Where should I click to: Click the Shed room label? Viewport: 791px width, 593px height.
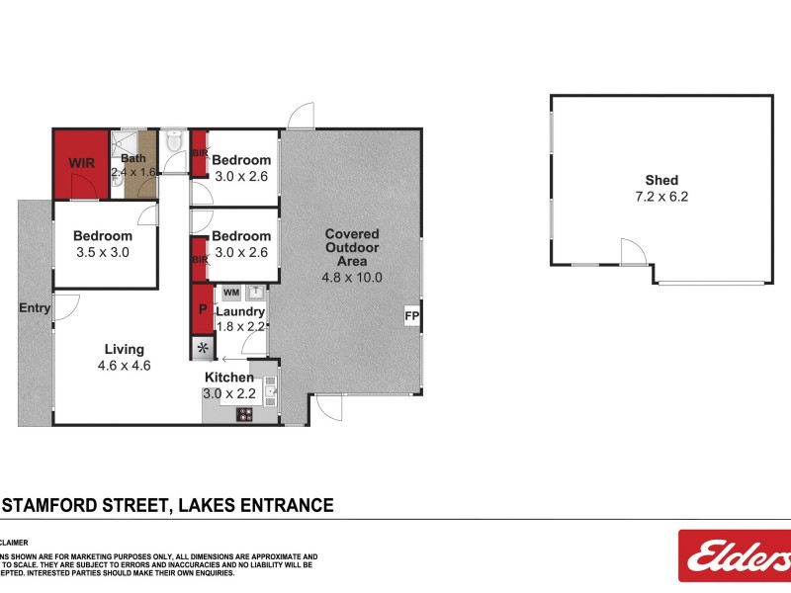click(x=661, y=180)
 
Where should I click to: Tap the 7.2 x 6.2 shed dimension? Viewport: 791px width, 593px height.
click(x=661, y=196)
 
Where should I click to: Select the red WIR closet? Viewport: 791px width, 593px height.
click(x=80, y=162)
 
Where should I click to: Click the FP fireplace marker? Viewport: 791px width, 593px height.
click(x=411, y=316)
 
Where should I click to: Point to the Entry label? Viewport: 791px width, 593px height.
click(x=35, y=307)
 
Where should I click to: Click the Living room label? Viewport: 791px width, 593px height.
click(x=126, y=349)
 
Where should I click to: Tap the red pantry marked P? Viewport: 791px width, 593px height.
click(x=203, y=309)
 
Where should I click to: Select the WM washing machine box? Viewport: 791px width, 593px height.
click(x=231, y=293)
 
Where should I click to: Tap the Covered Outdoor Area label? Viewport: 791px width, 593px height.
click(x=351, y=248)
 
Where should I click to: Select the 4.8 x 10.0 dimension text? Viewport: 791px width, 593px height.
click(x=351, y=278)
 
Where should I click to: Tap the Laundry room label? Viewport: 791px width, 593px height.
click(x=240, y=311)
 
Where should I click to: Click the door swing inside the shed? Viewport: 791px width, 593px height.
click(x=633, y=253)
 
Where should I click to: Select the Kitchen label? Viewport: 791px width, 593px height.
click(x=229, y=378)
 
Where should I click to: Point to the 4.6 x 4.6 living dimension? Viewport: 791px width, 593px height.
click(x=126, y=365)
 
